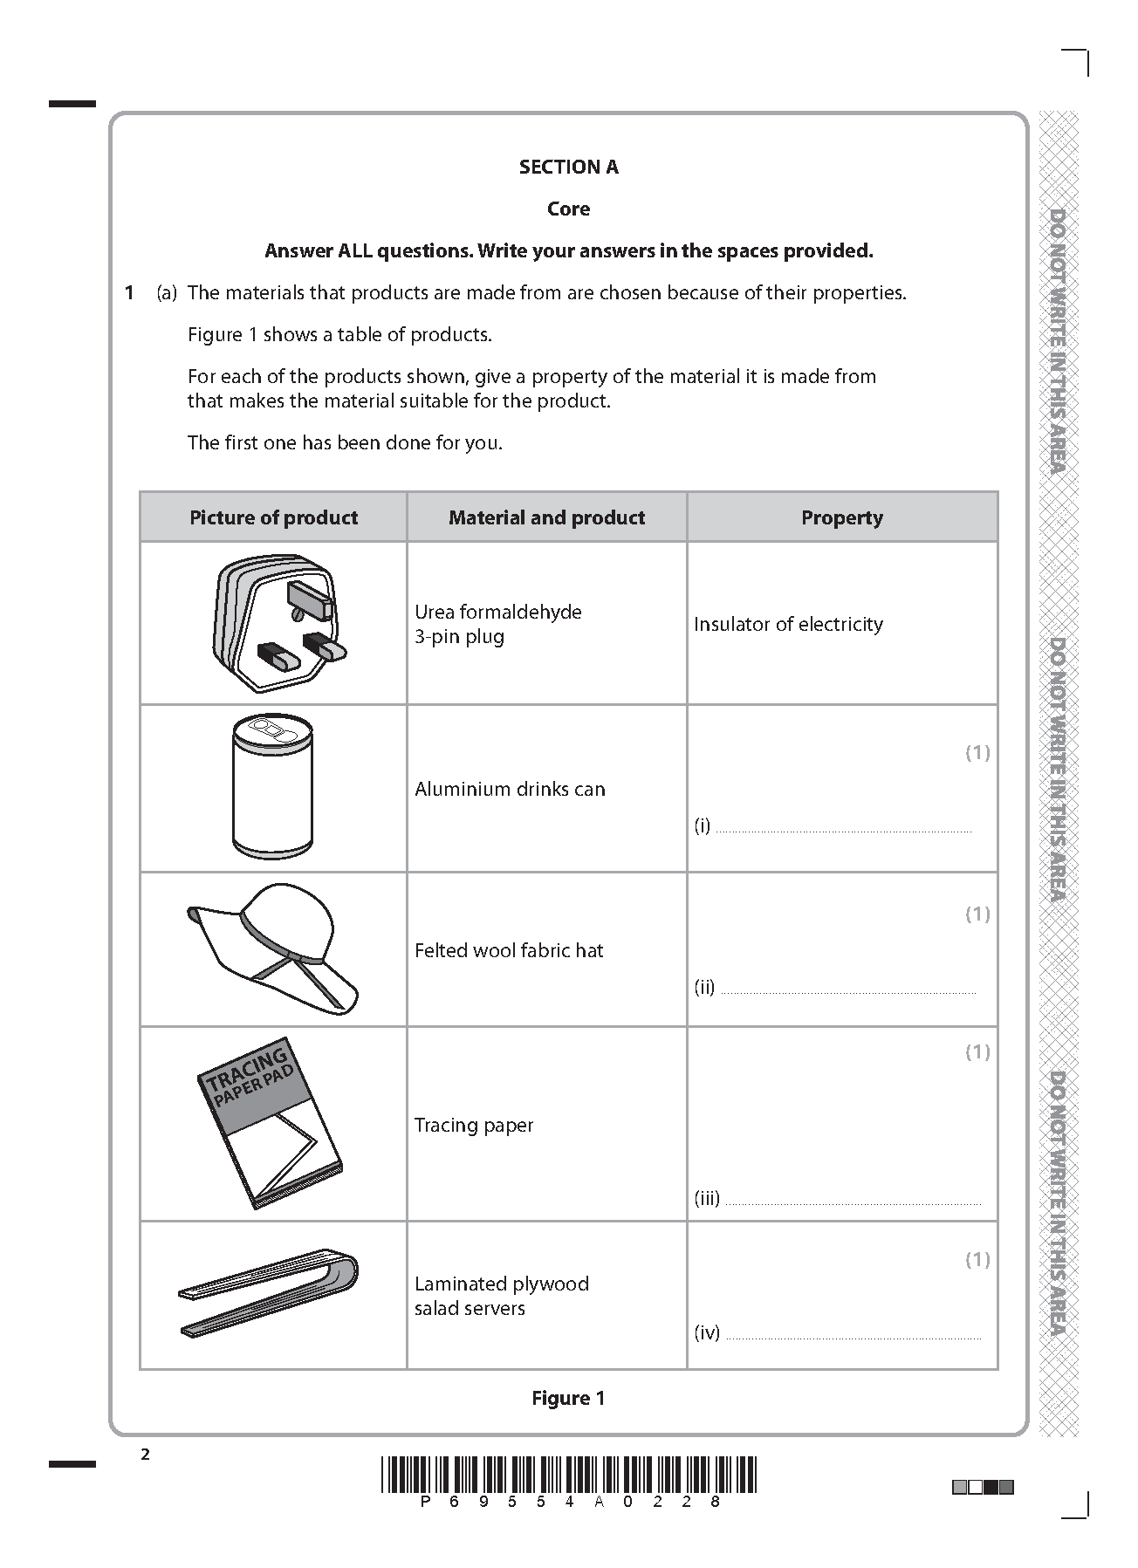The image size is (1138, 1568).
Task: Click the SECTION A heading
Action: (x=568, y=167)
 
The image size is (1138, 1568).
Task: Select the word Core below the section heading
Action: (x=568, y=209)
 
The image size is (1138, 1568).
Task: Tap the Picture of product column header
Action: (x=273, y=517)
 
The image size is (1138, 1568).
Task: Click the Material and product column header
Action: (x=546, y=517)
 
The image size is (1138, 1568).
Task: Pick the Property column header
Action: (x=841, y=517)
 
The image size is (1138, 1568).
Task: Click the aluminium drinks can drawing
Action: (x=272, y=786)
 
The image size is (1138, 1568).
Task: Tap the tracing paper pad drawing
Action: (x=269, y=1123)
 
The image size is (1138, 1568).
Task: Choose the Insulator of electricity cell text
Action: (x=788, y=624)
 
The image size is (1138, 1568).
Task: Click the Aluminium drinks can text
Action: (x=510, y=789)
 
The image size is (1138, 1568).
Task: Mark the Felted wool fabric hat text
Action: (x=509, y=950)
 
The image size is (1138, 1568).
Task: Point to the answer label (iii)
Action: (x=707, y=1198)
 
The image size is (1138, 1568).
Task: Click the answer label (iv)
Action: (x=707, y=1332)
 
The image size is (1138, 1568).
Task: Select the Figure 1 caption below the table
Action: (x=568, y=1398)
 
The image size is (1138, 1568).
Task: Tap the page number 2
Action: (x=145, y=1454)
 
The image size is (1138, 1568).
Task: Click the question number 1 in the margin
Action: (x=129, y=292)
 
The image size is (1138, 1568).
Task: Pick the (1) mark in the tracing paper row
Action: (x=977, y=1051)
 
